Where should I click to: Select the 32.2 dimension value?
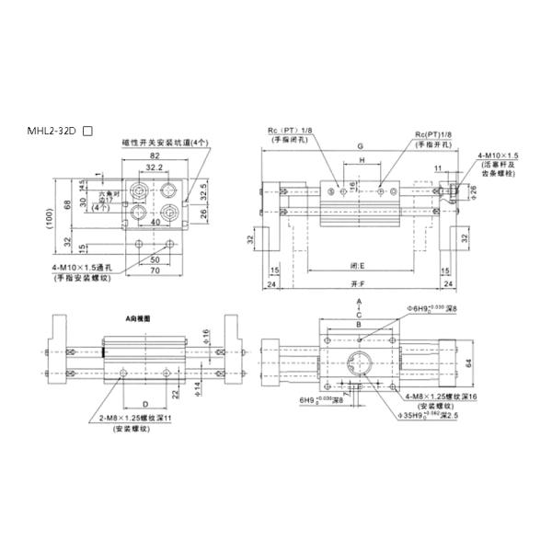(155, 168)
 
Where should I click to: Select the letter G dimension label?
(361, 146)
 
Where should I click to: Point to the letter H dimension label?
(362, 160)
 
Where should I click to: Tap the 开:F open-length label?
(357, 284)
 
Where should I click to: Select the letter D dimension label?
(144, 404)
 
